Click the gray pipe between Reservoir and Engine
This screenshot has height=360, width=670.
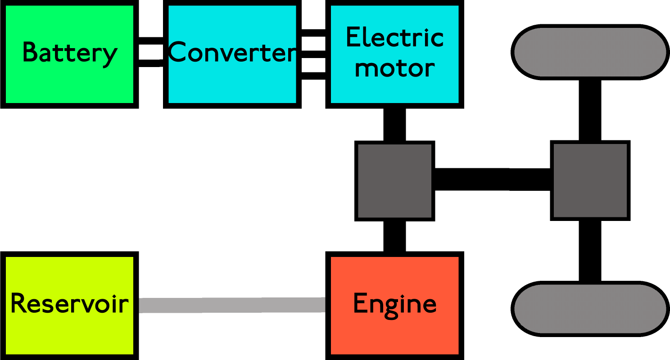[x=232, y=305]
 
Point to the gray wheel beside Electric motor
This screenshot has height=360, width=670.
[x=590, y=52]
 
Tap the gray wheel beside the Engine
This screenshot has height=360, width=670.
[x=590, y=309]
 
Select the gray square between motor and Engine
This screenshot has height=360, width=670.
[x=394, y=181]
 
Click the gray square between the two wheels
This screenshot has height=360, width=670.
[x=590, y=180]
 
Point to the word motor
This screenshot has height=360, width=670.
[x=394, y=68]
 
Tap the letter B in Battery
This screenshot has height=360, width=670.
[x=29, y=52]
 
